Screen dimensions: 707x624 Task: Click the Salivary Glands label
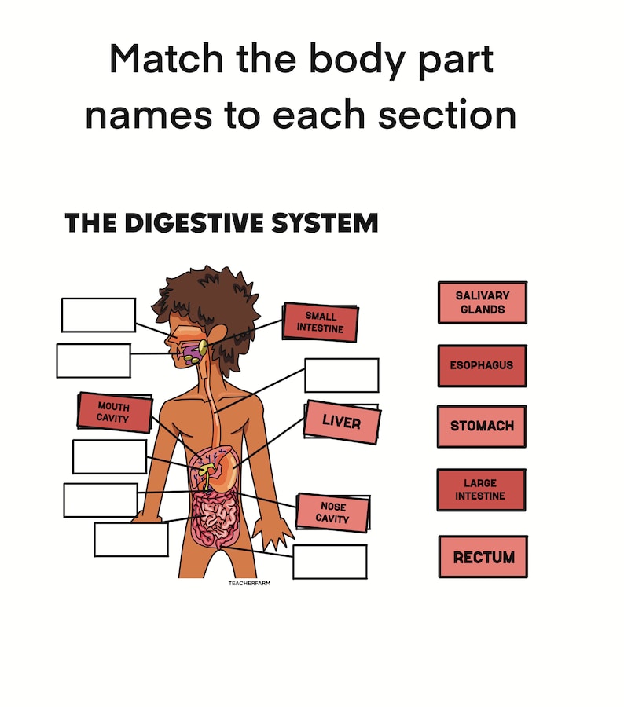click(482, 302)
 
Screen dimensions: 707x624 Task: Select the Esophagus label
click(482, 365)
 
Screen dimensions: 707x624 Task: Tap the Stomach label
click(482, 426)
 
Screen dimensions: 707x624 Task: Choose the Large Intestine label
click(482, 490)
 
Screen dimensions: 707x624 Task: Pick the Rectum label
click(483, 557)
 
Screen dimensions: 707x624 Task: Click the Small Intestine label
click(320, 323)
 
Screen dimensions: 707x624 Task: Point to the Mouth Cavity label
click(114, 412)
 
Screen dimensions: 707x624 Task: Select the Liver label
click(341, 423)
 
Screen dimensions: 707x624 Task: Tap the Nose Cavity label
click(332, 513)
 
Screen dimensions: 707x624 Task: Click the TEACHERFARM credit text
click(249, 584)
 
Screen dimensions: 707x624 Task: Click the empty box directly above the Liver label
click(341, 375)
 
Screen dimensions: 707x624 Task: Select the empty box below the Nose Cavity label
click(329, 562)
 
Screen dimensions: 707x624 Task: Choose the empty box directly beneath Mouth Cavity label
click(109, 456)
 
